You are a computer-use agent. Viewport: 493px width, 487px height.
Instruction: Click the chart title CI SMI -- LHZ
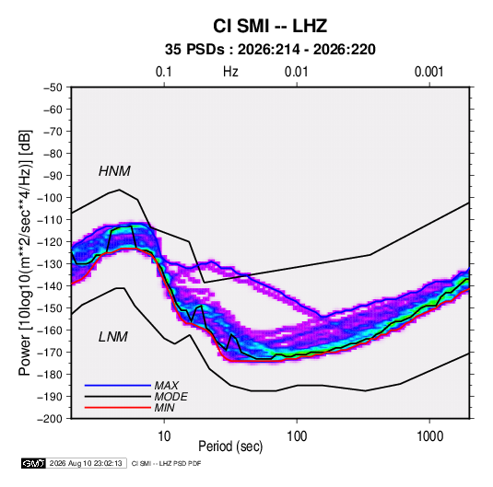coord(270,26)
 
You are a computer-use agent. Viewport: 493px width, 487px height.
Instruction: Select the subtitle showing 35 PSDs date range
coord(270,50)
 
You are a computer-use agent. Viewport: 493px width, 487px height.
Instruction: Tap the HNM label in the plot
coord(114,171)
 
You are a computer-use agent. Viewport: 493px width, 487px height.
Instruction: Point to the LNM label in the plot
coord(113,337)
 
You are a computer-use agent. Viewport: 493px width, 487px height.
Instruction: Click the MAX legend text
coord(166,386)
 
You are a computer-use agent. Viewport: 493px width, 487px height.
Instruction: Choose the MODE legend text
coord(170,397)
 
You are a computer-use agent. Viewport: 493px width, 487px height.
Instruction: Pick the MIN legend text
coord(164,408)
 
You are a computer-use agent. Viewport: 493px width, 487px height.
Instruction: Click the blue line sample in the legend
coord(118,386)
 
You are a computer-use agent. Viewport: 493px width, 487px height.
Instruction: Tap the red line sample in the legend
coord(118,408)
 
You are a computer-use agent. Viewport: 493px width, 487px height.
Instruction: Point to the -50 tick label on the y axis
coord(53,87)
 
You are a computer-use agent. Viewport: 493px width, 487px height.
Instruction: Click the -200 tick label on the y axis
coord(50,419)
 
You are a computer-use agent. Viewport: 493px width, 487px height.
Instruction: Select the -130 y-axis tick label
coord(50,264)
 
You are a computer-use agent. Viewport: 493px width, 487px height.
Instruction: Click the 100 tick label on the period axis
coord(297,436)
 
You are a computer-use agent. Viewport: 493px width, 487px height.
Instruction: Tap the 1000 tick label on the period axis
coord(429,436)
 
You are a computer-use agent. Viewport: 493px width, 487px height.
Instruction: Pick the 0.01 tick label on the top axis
coord(296,72)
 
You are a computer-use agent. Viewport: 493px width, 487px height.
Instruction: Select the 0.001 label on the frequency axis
coord(428,72)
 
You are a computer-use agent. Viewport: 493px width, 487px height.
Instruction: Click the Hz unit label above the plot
coord(230,72)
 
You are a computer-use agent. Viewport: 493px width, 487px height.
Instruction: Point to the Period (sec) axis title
coord(230,446)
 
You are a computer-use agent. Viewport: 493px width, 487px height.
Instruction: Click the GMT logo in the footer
coord(34,463)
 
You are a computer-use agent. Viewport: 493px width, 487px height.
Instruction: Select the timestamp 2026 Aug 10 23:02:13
coord(86,463)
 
